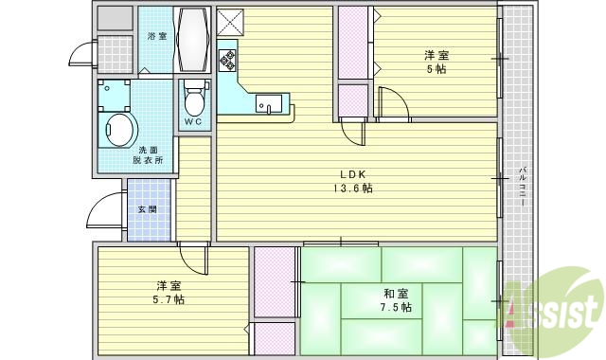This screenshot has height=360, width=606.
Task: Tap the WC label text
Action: (193, 122)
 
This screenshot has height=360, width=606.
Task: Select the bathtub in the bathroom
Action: (194, 40)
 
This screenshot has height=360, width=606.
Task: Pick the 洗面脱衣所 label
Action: (150, 155)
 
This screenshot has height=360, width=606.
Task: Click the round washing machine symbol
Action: (119, 129)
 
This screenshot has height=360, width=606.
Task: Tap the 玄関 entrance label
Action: (147, 208)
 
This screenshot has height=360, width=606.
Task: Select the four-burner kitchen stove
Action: (227, 60)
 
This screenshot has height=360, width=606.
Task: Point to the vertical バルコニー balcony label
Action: (522, 189)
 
